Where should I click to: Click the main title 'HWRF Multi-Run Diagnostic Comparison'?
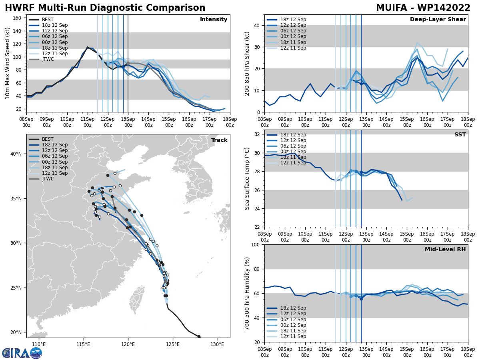pyautogui.click(x=105, y=8)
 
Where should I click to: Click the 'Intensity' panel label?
pyautogui.click(x=214, y=20)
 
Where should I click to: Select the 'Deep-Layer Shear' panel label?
pyautogui.click(x=438, y=20)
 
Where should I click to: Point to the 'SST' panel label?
pyautogui.click(x=460, y=135)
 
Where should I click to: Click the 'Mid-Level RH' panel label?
pyautogui.click(x=445, y=250)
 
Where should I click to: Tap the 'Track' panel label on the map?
pyautogui.click(x=219, y=140)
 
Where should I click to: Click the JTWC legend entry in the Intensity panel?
pyautogui.click(x=48, y=59)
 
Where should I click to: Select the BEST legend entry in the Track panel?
pyautogui.click(x=47, y=139)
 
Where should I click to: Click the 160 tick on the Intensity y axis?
pyautogui.click(x=18, y=18)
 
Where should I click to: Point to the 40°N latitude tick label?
pyautogui.click(x=16, y=154)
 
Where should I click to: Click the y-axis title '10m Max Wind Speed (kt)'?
pyautogui.click(x=8, y=63)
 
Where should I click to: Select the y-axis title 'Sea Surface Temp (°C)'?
pyautogui.click(x=247, y=178)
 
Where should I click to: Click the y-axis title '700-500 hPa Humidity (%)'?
pyautogui.click(x=247, y=293)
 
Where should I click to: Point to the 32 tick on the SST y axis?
pyautogui.click(x=256, y=134)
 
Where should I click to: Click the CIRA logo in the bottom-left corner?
pyautogui.click(x=22, y=353)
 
